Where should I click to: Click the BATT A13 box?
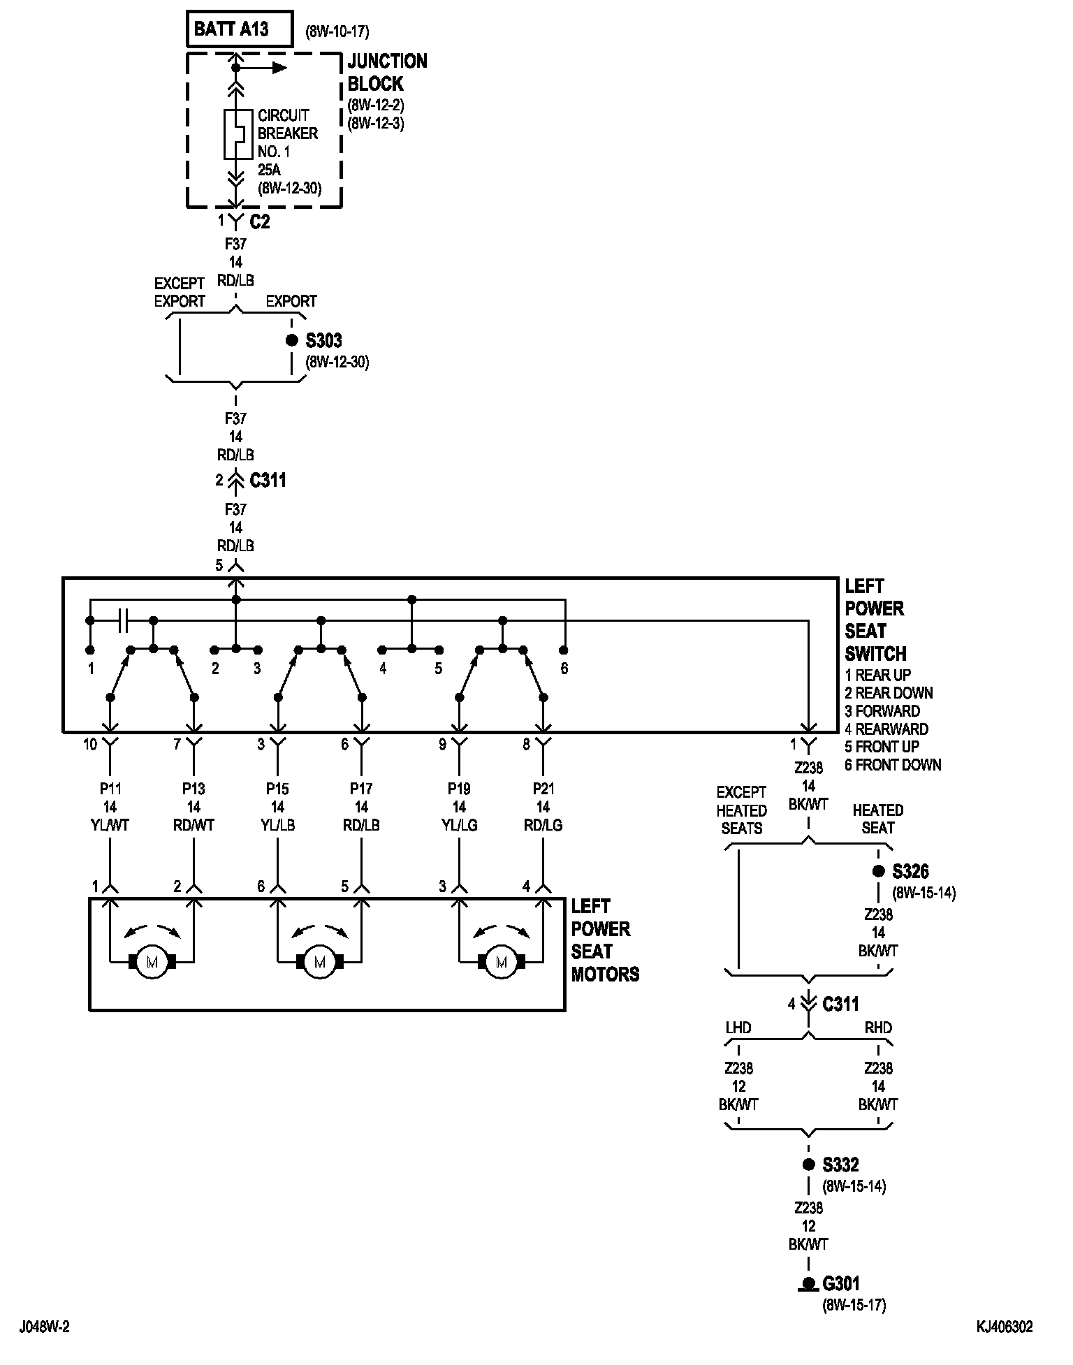point(240,29)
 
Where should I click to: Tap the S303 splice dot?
point(292,341)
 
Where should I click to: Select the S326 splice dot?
point(878,872)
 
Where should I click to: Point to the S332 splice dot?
point(808,1165)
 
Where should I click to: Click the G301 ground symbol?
point(808,1284)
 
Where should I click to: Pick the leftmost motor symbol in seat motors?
point(152,962)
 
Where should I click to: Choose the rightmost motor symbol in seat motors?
point(501,962)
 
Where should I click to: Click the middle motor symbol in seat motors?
point(320,962)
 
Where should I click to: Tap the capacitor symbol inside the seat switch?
point(123,620)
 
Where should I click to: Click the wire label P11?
point(110,789)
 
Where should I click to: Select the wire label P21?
point(543,789)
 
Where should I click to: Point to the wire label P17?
point(361,789)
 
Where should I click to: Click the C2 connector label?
point(260,222)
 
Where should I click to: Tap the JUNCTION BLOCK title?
point(387,73)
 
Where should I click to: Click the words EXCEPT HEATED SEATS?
point(741,810)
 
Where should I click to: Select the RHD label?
point(878,1028)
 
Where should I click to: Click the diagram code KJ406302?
point(1005,1327)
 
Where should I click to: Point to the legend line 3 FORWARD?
point(882,711)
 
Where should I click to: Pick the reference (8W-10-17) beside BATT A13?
point(337,31)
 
